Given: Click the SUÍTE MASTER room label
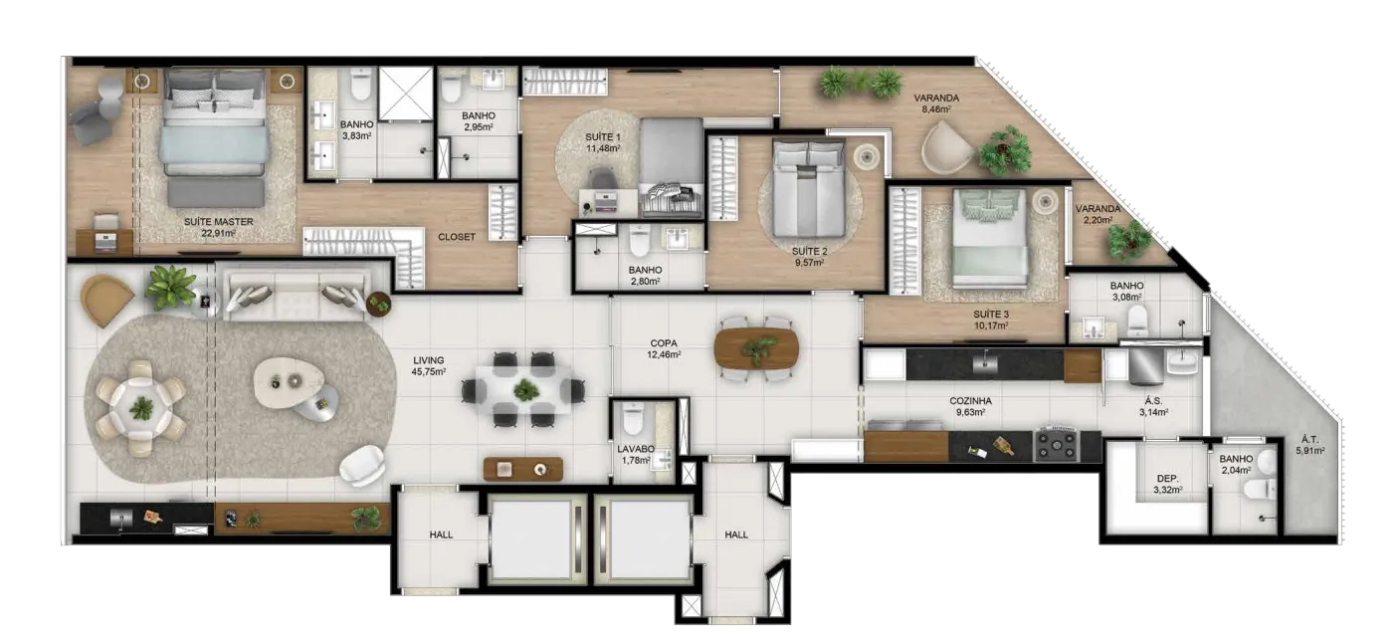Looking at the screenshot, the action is (x=218, y=222).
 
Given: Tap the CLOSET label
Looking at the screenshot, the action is (x=457, y=237).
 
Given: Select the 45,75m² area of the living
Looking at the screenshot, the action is (x=429, y=372).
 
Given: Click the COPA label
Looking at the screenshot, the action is (x=664, y=343).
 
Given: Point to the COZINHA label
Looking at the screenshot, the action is (x=970, y=401).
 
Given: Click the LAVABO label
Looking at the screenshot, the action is (x=636, y=449).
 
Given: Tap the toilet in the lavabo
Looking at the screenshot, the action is (x=633, y=418).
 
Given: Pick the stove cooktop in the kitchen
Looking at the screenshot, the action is (x=1056, y=445).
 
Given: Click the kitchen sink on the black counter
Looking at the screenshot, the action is (x=985, y=362).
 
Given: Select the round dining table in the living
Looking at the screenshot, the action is (x=141, y=408).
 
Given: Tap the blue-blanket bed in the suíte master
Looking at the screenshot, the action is (x=215, y=138).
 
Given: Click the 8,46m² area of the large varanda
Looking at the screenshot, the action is (x=936, y=109).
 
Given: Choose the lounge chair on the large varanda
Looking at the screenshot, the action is (x=946, y=147).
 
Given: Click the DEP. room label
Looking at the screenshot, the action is (x=1167, y=479).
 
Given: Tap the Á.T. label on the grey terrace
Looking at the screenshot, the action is (x=1309, y=439).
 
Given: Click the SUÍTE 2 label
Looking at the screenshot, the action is (x=809, y=252).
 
